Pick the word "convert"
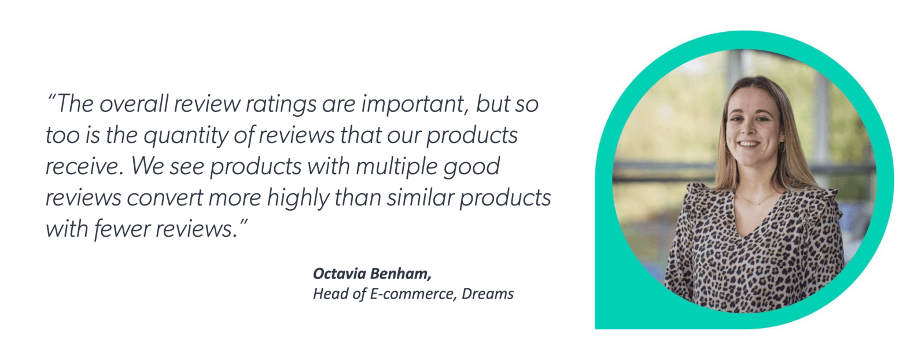coord(164,198)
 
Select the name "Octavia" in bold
coord(338,273)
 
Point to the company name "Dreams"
coord(488,294)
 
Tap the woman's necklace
coord(755,201)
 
